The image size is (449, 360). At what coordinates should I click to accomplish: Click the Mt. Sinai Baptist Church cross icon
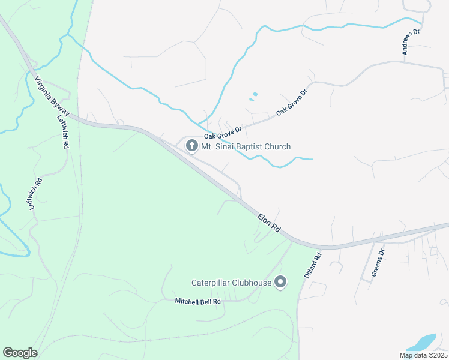click(x=192, y=146)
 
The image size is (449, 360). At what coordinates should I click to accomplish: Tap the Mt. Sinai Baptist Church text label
click(x=246, y=146)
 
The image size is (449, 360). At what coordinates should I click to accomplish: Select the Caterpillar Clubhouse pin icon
click(x=280, y=282)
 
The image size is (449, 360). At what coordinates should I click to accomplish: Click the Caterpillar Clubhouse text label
click(x=231, y=282)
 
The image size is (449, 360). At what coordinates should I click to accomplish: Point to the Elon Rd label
click(x=269, y=223)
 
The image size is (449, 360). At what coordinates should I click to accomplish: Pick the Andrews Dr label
click(x=411, y=42)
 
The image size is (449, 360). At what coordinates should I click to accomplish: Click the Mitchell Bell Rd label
click(x=197, y=301)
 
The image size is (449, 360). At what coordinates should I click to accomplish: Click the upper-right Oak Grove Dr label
click(x=291, y=103)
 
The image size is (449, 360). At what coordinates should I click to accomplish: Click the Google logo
click(x=20, y=353)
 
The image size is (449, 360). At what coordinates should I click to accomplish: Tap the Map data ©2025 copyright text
click(x=423, y=355)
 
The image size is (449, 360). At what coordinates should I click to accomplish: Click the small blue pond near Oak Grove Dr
click(x=255, y=94)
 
